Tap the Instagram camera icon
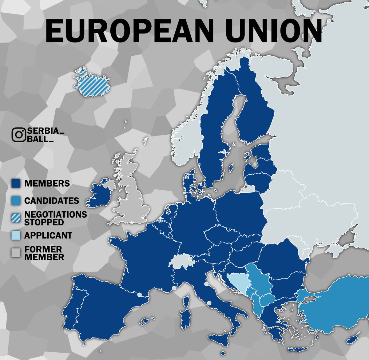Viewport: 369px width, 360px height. (18, 135)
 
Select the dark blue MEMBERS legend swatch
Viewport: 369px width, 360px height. (16, 184)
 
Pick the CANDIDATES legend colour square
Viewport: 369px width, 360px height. (16, 201)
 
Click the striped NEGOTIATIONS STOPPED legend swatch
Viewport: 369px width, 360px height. (16, 218)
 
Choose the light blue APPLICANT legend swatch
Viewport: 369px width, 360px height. (16, 235)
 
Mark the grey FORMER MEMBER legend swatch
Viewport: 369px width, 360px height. (16, 253)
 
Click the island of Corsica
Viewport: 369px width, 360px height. (186, 300)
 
